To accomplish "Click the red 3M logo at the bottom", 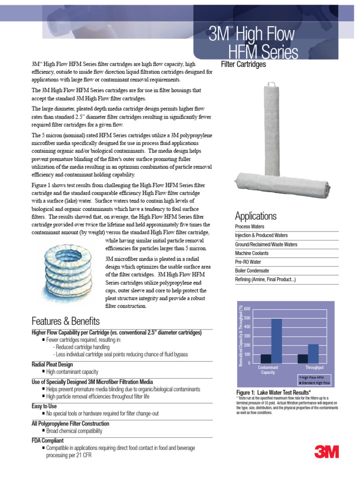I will point(327,452).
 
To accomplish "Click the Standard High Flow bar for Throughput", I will point(303,359).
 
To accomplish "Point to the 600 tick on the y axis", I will point(247,309).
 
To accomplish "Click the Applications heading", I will point(255,216).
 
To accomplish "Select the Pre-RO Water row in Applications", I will point(248,262).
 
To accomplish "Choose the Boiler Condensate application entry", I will point(252,271).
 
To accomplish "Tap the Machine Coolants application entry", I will point(252,253).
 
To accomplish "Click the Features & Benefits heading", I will point(66,322).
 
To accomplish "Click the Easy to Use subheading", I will point(44,406).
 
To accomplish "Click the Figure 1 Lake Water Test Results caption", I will point(273,392).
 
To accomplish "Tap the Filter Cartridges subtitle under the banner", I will point(243,64).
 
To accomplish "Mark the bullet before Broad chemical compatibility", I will point(44,431).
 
